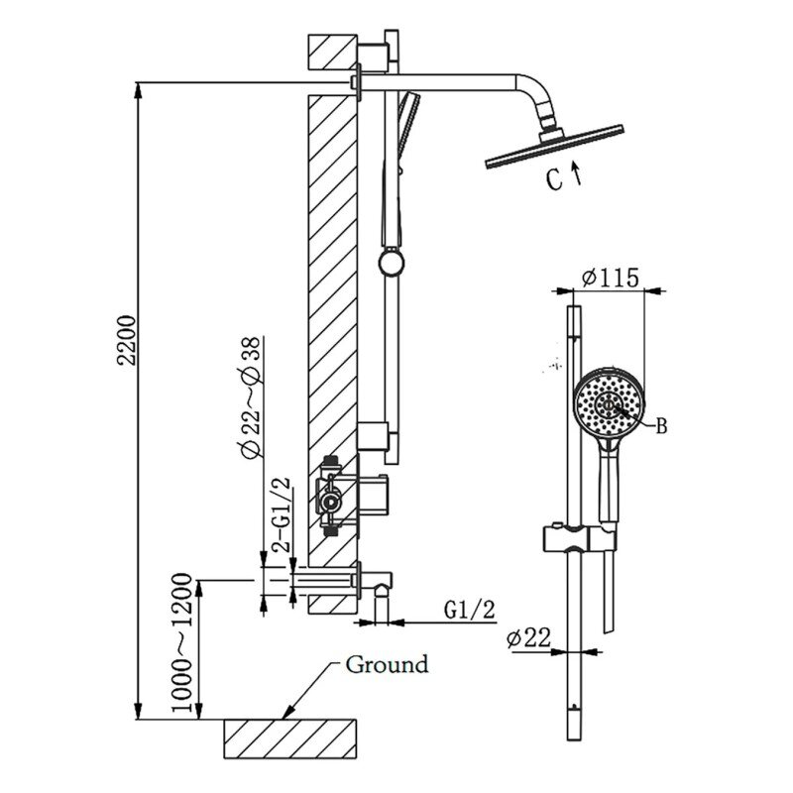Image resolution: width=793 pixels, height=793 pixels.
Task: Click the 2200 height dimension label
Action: tap(127, 340)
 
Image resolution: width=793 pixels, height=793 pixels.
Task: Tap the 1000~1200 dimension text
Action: tap(182, 642)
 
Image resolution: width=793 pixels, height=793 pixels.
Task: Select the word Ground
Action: tap(387, 664)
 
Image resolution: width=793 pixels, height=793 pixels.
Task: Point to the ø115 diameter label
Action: tap(611, 278)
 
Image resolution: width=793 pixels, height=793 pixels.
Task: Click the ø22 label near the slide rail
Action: tap(528, 638)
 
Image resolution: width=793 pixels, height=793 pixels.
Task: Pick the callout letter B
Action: tap(661, 426)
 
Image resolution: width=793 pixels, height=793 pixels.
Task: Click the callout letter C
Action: tap(554, 179)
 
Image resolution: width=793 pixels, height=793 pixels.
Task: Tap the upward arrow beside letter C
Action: tap(576, 173)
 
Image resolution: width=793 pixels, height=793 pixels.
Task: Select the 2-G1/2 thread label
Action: tap(282, 514)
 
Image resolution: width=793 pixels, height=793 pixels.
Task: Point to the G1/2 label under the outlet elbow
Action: tap(469, 610)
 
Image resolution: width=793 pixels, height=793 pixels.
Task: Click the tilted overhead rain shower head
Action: tap(554, 147)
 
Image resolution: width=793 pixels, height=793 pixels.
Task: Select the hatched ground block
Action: tap(289, 738)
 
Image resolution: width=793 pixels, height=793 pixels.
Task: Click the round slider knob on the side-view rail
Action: tap(392, 263)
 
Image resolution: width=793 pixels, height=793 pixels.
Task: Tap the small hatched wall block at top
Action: tap(333, 53)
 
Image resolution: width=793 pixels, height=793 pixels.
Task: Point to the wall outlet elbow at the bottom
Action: tap(376, 589)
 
